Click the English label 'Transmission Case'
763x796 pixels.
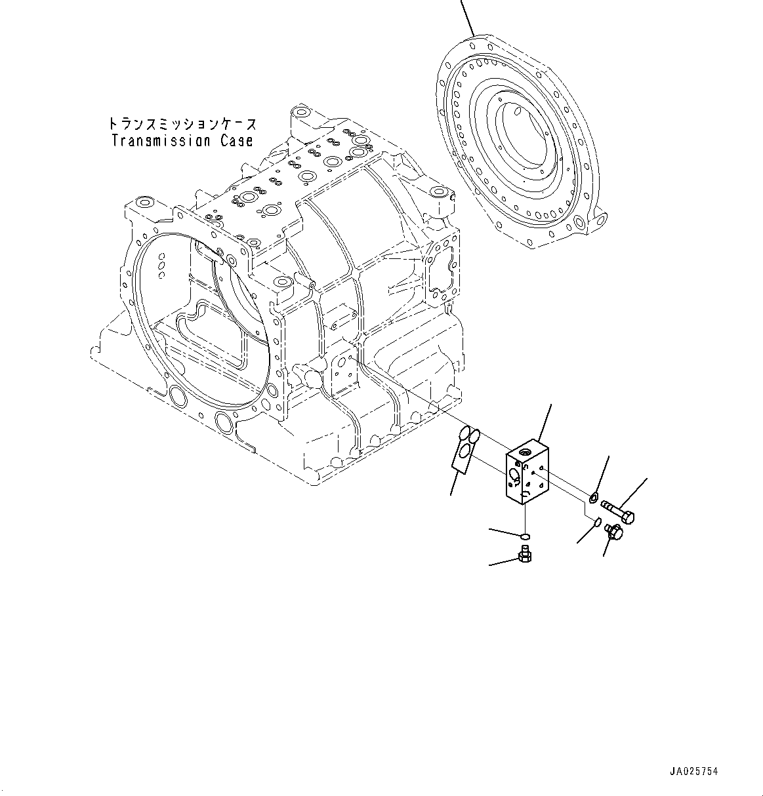coord(182,140)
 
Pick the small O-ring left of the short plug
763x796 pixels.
coord(597,522)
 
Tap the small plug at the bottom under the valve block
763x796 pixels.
coord(525,557)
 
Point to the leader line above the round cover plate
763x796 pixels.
coord(466,16)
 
